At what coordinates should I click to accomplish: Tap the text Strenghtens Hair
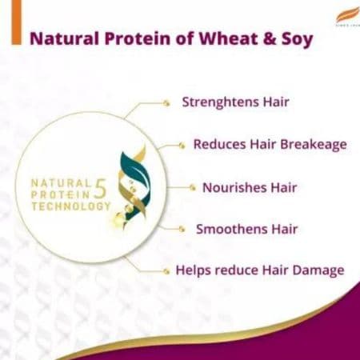click(235, 102)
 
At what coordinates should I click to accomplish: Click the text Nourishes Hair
click(249, 187)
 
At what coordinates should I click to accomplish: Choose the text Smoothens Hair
click(246, 229)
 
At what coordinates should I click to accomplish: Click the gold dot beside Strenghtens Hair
click(166, 102)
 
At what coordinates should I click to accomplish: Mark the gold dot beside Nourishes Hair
click(192, 187)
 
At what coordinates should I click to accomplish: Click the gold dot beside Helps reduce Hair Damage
click(166, 271)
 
